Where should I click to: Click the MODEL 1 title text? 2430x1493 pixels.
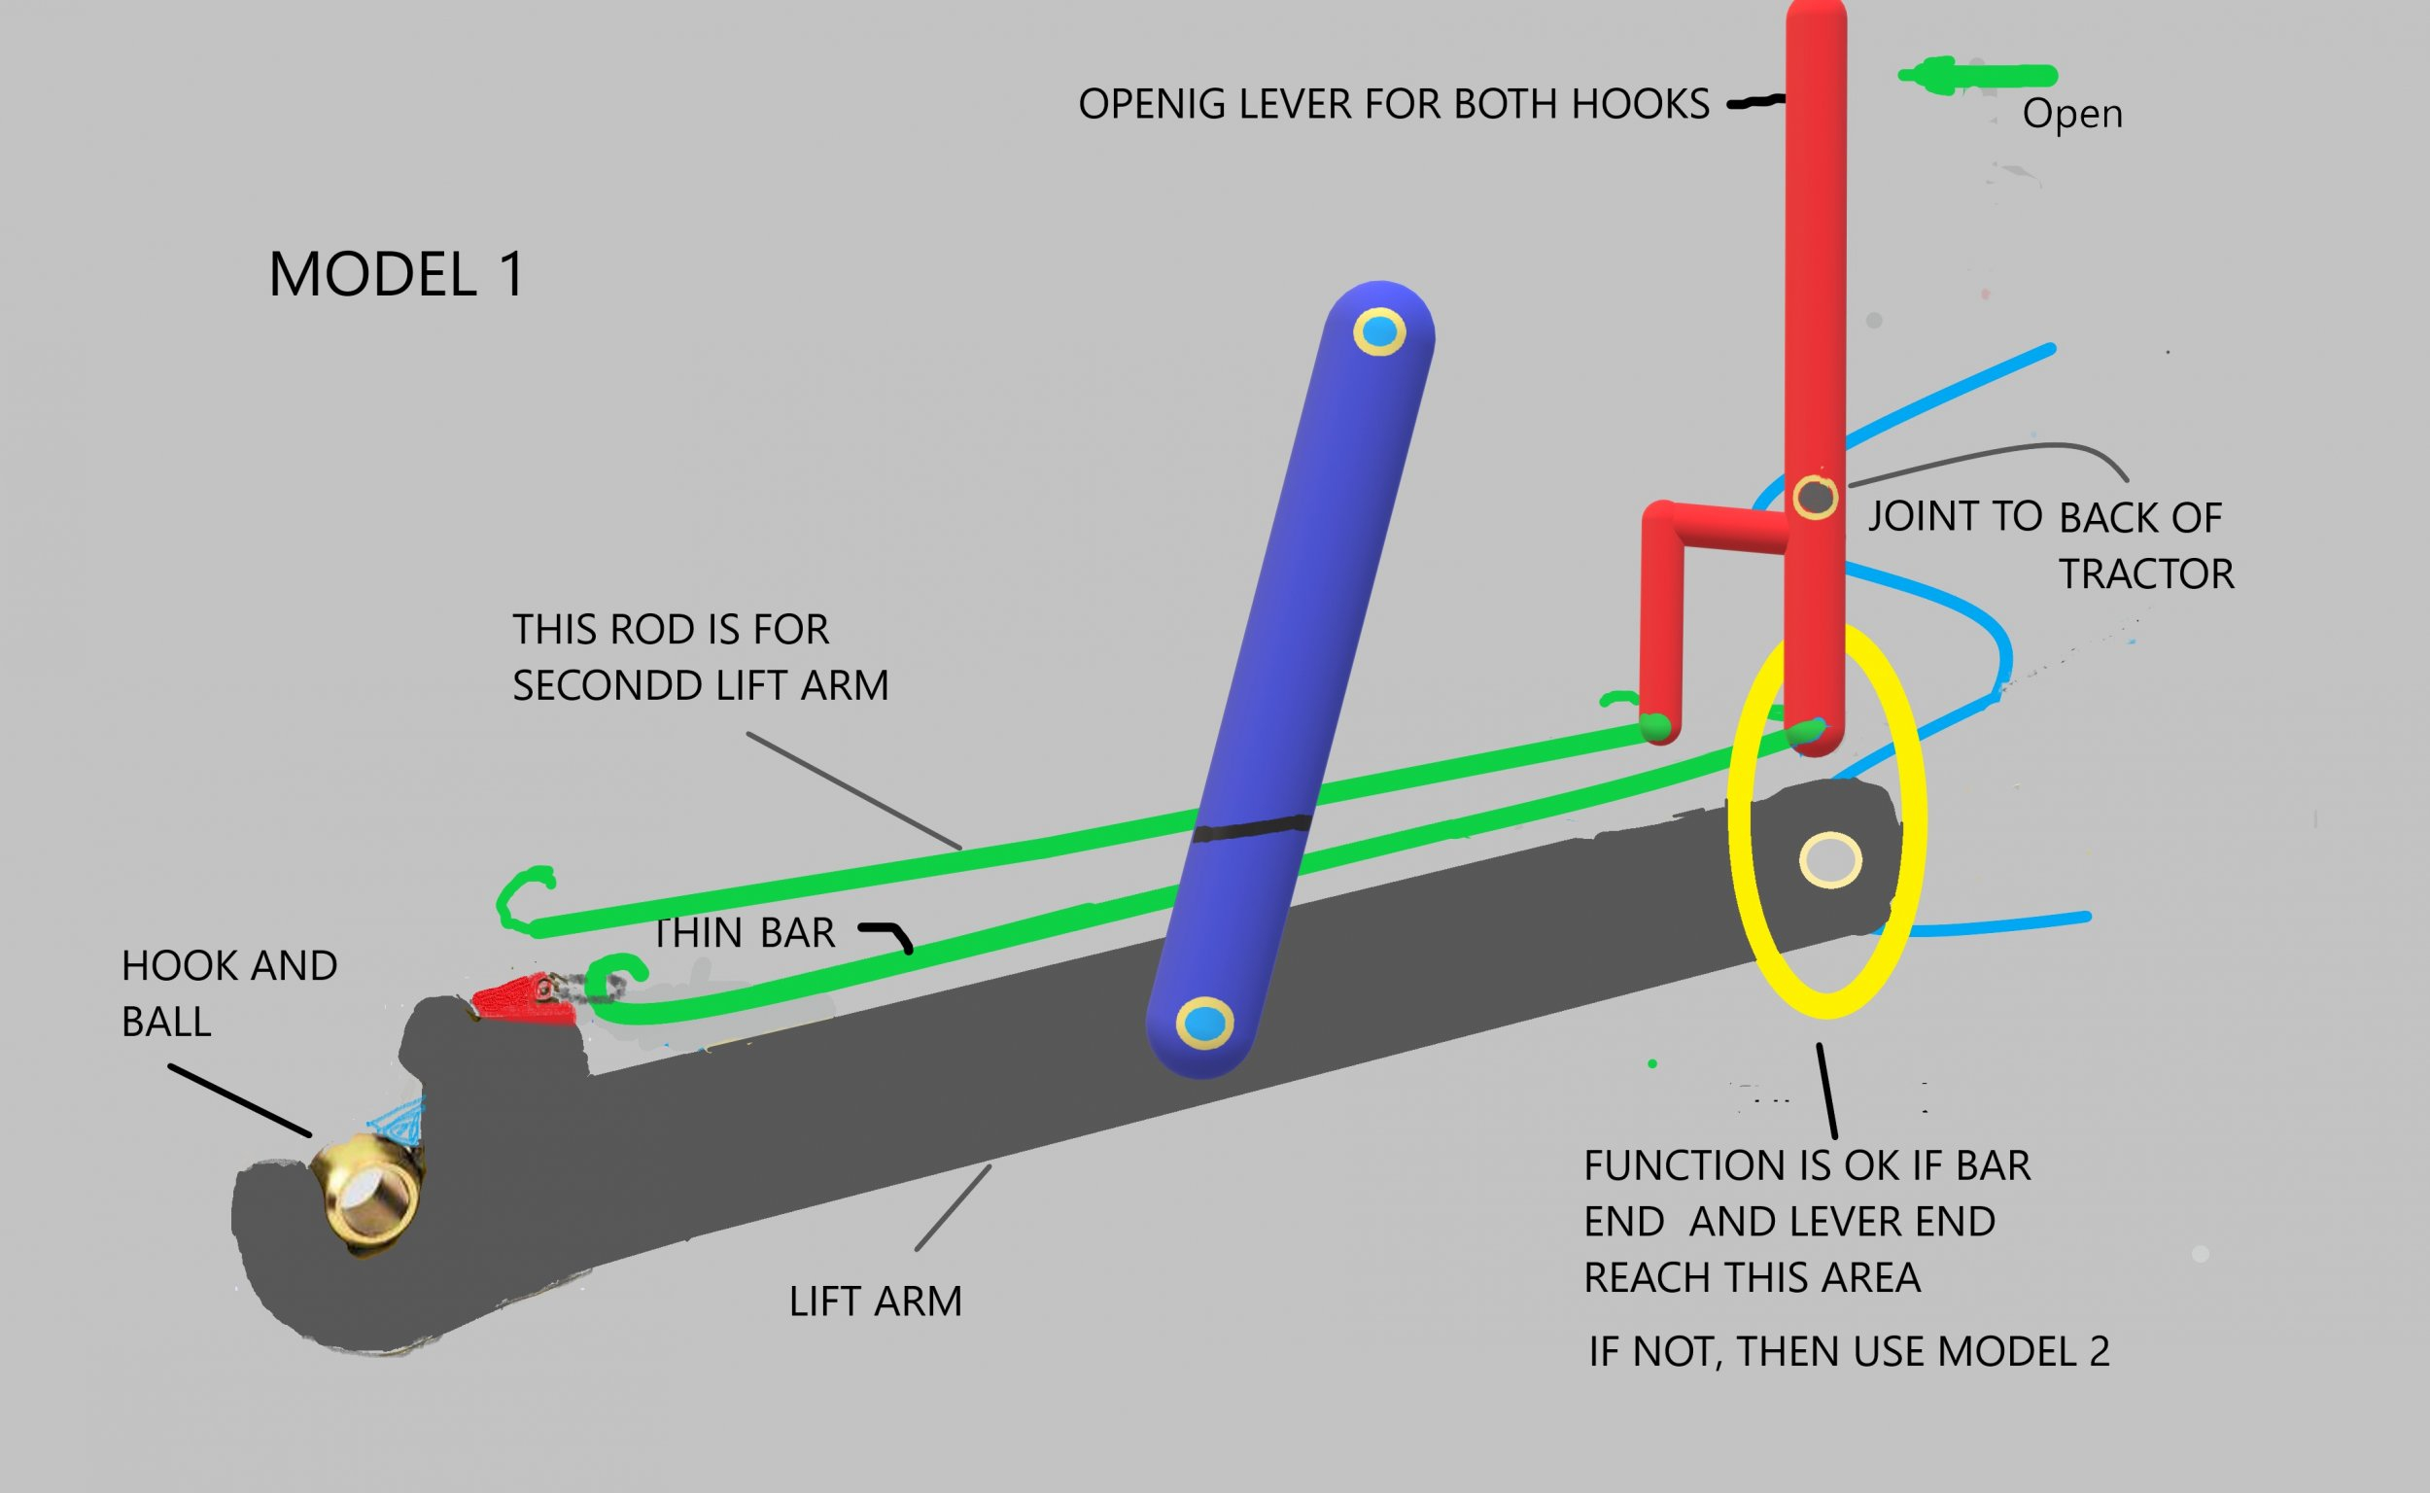[x=396, y=273]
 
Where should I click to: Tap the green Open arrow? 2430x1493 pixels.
[x=1975, y=76]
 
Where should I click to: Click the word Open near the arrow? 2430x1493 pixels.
[x=2071, y=114]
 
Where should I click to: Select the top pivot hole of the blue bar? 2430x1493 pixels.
[x=1378, y=331]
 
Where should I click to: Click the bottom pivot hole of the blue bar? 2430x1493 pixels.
[x=1204, y=1024]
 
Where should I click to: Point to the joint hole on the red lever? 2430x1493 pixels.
[x=1815, y=497]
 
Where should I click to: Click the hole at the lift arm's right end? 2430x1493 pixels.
[x=1829, y=859]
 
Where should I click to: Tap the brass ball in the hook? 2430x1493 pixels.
[x=367, y=1192]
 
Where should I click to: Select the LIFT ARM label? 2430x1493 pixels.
[x=875, y=1302]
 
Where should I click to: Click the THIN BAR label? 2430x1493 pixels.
[x=745, y=932]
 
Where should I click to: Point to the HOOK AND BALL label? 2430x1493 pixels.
[x=228, y=992]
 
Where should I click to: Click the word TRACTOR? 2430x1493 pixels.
[x=2145, y=573]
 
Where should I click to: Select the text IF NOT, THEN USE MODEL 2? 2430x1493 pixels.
[x=1849, y=1351]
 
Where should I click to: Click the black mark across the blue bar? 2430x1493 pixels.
[x=1252, y=827]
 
